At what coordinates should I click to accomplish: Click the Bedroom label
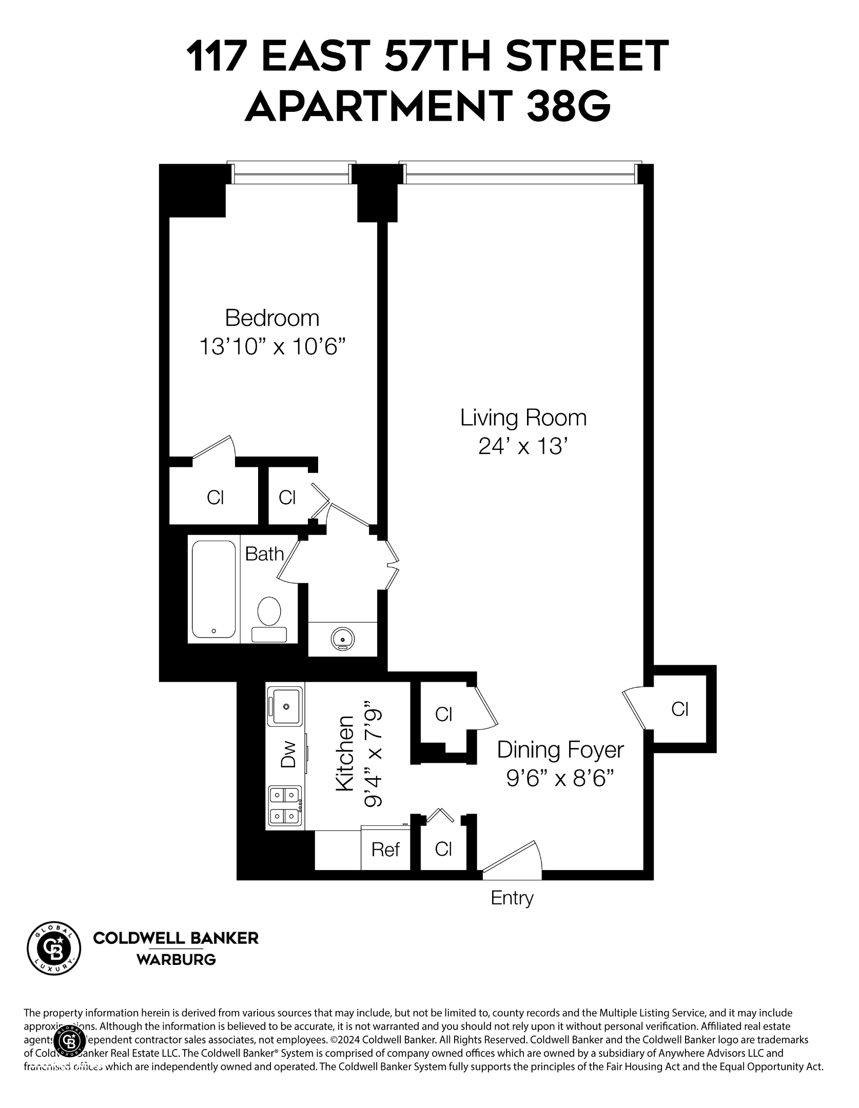pyautogui.click(x=272, y=319)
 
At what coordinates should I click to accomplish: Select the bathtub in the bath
pyautogui.click(x=214, y=589)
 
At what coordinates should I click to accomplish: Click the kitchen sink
pyautogui.click(x=285, y=706)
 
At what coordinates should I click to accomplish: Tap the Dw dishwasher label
pyautogui.click(x=289, y=754)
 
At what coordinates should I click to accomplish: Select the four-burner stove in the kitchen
pyautogui.click(x=285, y=805)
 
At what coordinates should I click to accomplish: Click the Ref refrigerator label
pyautogui.click(x=385, y=850)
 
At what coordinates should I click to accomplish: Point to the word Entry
pyautogui.click(x=512, y=898)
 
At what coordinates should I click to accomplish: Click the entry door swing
pyautogui.click(x=513, y=856)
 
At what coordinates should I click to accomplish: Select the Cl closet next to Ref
pyautogui.click(x=443, y=849)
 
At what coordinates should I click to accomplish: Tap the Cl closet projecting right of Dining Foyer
pyautogui.click(x=680, y=709)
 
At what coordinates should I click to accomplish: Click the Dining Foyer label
pyautogui.click(x=560, y=750)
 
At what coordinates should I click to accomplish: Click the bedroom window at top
pyautogui.click(x=291, y=174)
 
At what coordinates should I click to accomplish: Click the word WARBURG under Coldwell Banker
pyautogui.click(x=175, y=960)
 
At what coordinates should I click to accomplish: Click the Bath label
pyautogui.click(x=264, y=554)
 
